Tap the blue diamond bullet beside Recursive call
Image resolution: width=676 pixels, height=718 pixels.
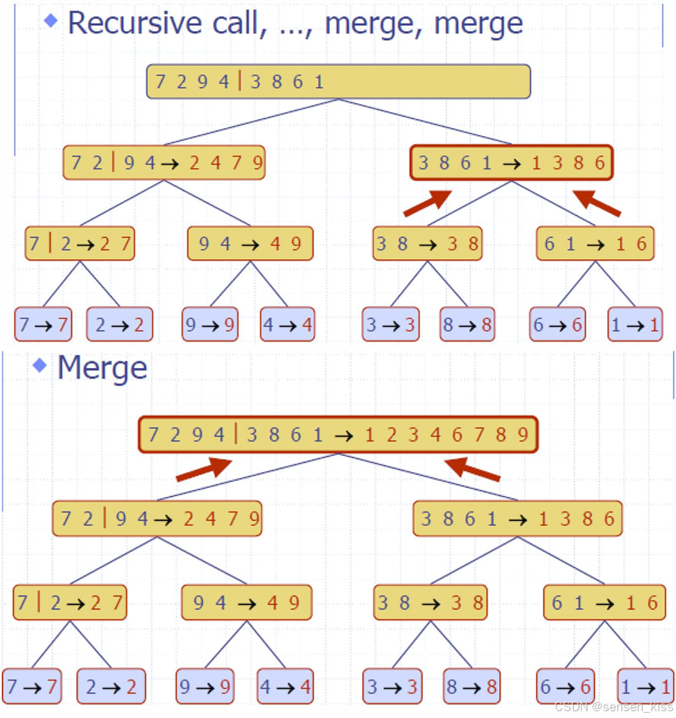(51, 20)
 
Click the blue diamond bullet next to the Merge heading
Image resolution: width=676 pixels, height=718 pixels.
(40, 367)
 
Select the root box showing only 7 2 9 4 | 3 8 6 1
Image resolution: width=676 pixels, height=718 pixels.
(338, 82)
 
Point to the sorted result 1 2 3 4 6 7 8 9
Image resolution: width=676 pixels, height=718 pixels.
(446, 435)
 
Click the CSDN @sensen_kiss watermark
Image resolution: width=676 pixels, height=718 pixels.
(613, 707)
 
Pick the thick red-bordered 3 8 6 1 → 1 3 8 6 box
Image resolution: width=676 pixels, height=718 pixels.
(511, 163)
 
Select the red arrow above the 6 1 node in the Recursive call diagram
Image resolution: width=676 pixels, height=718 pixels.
(597, 203)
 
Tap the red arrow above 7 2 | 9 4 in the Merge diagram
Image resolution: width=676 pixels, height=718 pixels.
(203, 469)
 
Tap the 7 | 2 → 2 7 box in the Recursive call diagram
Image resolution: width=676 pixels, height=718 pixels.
(79, 243)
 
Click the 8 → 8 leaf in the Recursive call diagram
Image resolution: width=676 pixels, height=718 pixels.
(466, 325)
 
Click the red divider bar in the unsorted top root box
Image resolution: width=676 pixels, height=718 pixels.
(240, 82)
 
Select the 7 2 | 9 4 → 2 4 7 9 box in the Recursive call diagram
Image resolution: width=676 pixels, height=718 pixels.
(164, 163)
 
